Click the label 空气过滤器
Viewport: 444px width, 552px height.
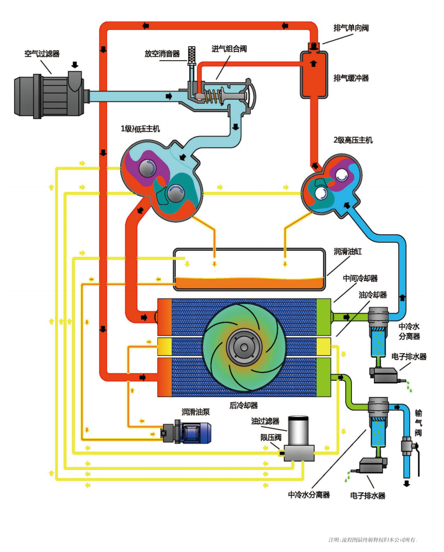[x=42, y=53]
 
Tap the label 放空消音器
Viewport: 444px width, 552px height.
[x=162, y=53]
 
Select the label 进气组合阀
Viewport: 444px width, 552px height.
[x=229, y=48]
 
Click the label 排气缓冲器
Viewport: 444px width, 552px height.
[x=351, y=78]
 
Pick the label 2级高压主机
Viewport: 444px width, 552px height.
[x=353, y=140]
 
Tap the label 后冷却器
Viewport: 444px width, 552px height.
[x=243, y=405]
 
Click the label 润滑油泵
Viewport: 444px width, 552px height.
[x=196, y=412]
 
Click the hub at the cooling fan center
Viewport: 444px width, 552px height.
[x=244, y=346]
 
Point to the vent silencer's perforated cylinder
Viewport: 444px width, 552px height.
[x=192, y=56]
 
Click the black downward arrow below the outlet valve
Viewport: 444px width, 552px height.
[x=407, y=484]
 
